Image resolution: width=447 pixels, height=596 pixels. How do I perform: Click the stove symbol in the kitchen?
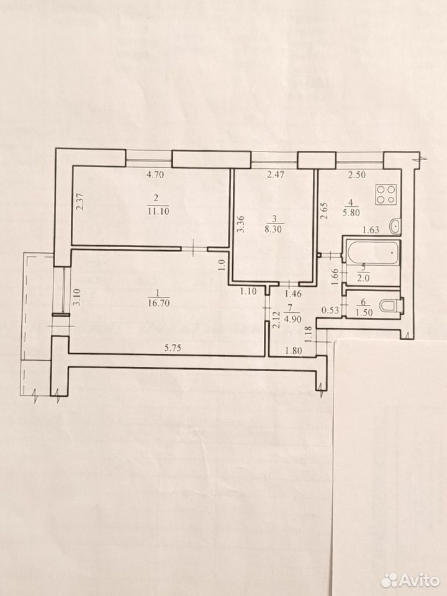[x=386, y=194]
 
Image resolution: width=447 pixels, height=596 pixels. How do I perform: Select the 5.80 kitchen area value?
[x=351, y=213]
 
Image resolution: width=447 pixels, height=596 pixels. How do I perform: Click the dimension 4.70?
[x=155, y=175]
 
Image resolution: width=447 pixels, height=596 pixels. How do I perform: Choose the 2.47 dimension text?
[x=276, y=175]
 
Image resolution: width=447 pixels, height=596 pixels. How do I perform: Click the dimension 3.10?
[x=77, y=297]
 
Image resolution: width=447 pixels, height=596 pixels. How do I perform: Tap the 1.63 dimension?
[x=371, y=229]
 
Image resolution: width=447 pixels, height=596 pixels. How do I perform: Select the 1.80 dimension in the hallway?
[x=294, y=350]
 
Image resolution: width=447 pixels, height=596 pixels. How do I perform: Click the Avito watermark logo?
[x=410, y=580]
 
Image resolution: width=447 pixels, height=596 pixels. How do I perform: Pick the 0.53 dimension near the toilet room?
[x=330, y=310]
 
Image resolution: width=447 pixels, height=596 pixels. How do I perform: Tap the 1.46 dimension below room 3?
[x=292, y=293]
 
